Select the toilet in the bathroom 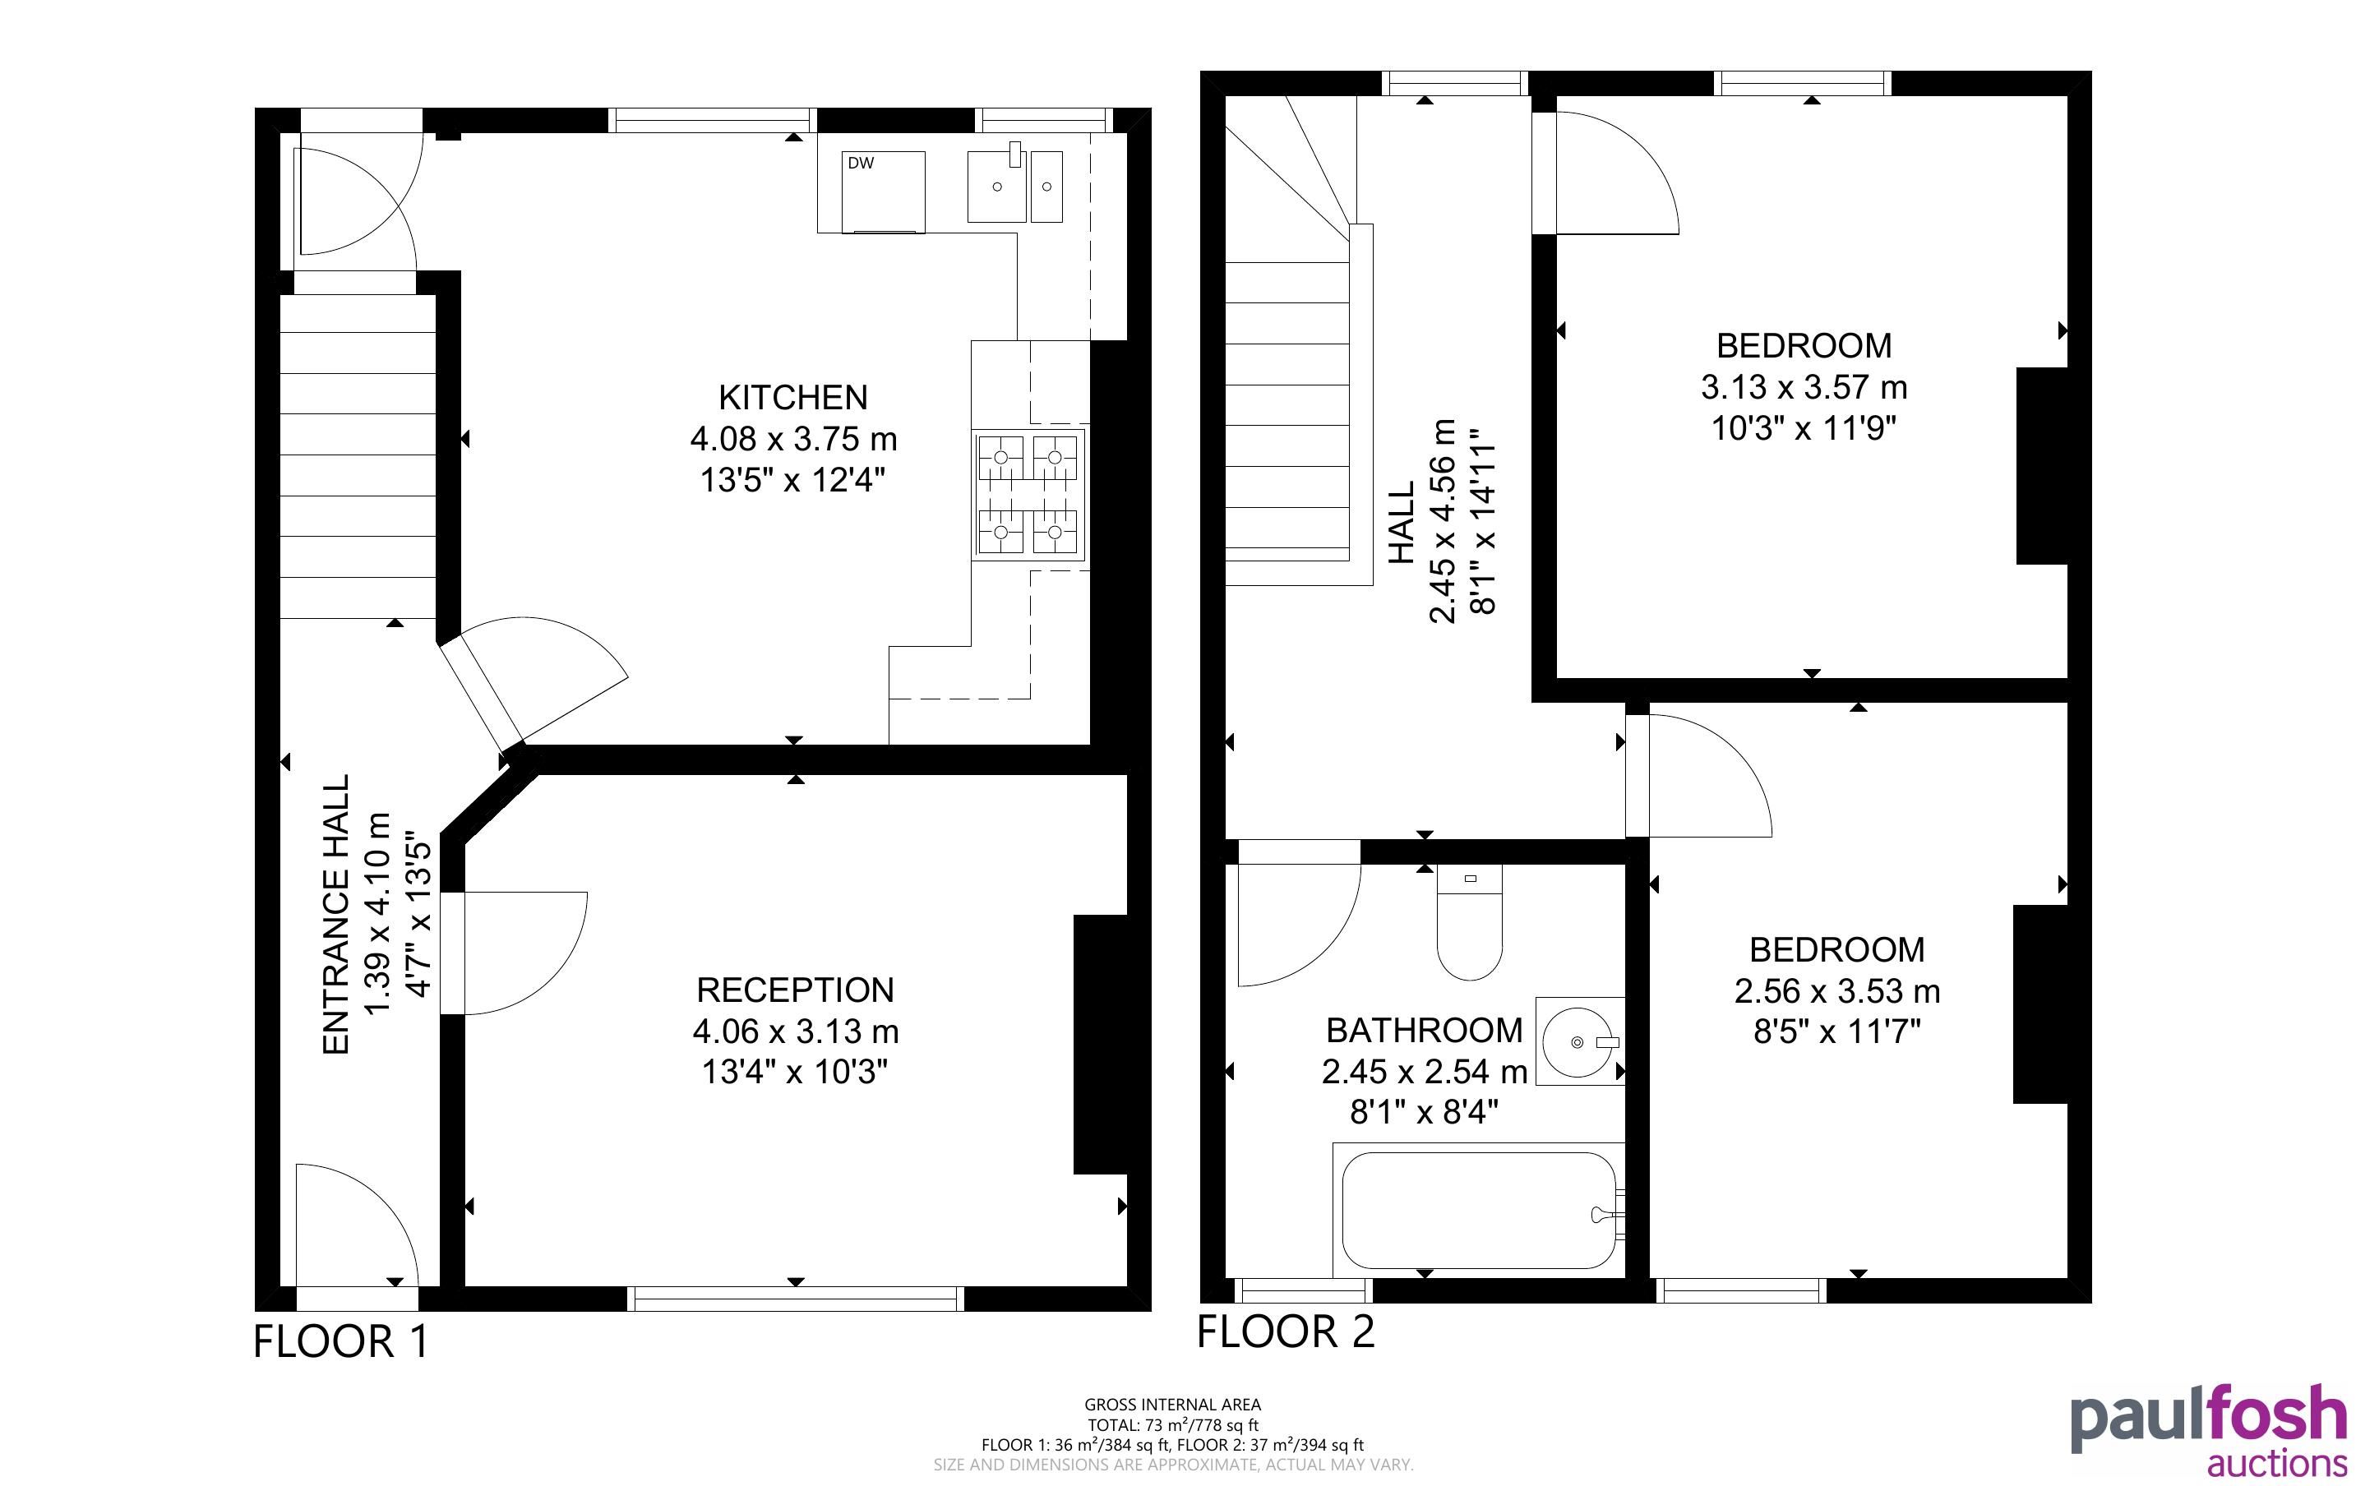click(1469, 922)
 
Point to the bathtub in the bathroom click(1479, 1210)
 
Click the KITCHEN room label click(793, 397)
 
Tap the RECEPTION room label click(796, 990)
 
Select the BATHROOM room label click(1424, 1030)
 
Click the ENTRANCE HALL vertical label click(336, 915)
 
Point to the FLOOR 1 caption click(341, 1341)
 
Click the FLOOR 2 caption click(1286, 1331)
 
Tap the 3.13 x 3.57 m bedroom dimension click(1804, 387)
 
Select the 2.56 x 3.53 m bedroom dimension click(1836, 990)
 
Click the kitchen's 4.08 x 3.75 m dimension click(793, 438)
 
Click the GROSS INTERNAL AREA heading click(1172, 1405)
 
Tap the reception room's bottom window click(796, 1299)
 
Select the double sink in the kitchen click(1015, 185)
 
